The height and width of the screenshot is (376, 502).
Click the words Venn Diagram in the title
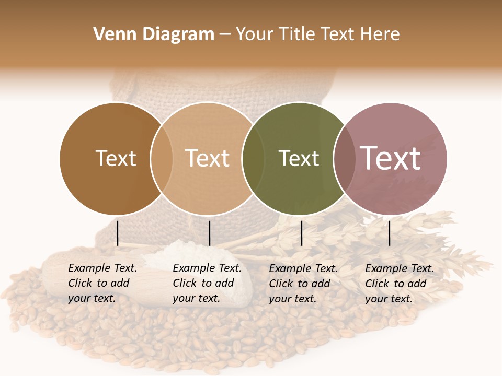(x=154, y=34)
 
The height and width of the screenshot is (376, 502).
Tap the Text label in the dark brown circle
(x=116, y=159)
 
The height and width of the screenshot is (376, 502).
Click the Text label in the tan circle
(x=207, y=159)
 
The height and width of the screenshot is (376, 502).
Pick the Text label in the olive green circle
(x=299, y=159)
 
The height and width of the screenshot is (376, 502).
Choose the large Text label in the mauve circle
(x=390, y=158)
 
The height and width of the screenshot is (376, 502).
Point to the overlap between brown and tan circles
(x=162, y=159)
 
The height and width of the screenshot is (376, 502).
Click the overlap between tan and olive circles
(x=253, y=159)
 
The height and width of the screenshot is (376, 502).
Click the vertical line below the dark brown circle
(x=117, y=233)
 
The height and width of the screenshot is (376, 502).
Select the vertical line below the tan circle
(x=209, y=233)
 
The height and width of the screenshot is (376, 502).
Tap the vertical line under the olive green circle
(x=301, y=233)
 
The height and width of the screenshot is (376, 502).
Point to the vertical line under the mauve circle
(x=389, y=233)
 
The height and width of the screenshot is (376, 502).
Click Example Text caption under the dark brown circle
(x=102, y=268)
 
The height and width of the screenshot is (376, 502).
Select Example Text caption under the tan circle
(x=207, y=268)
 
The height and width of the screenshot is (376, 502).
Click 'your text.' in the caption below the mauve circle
(x=389, y=299)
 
